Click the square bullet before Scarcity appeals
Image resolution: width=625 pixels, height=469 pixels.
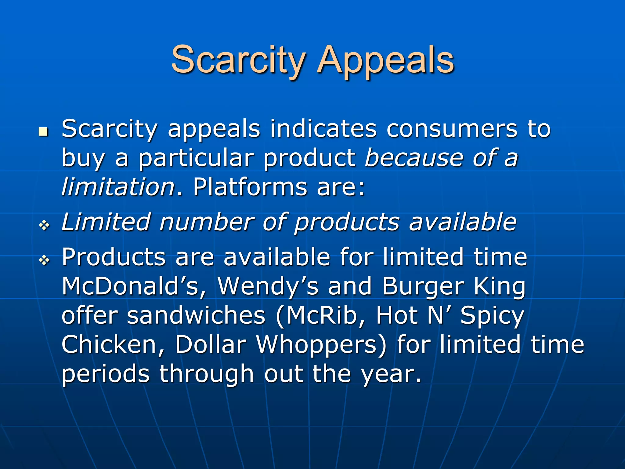click(x=44, y=132)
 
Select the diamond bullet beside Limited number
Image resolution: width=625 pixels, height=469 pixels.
click(x=44, y=226)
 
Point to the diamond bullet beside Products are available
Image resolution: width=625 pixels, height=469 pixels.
click(x=44, y=260)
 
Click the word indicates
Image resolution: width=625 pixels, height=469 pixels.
click(x=323, y=129)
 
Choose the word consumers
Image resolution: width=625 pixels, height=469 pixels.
click(x=452, y=129)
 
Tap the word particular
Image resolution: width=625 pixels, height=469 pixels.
click(x=196, y=158)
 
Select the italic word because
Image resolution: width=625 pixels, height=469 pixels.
click(x=414, y=158)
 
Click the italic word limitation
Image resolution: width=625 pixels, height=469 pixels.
click(x=118, y=187)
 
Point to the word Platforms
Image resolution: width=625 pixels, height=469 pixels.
click(x=250, y=187)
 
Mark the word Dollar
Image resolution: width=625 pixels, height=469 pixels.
click(x=210, y=344)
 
